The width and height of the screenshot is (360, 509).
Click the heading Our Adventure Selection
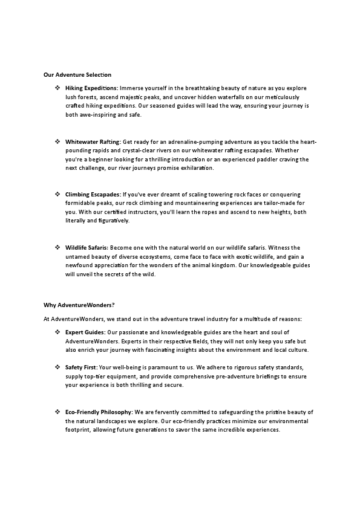pos(77,75)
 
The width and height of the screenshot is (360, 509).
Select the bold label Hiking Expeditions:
pos(91,88)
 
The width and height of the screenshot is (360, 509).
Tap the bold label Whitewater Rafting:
pos(93,141)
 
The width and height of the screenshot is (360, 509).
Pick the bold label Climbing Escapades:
pos(93,195)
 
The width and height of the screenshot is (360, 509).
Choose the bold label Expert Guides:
pos(85,332)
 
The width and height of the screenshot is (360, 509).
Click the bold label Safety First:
pos(81,368)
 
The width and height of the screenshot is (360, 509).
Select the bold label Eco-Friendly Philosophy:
pos(99,412)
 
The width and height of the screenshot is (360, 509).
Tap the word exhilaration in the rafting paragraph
pos(196,168)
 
